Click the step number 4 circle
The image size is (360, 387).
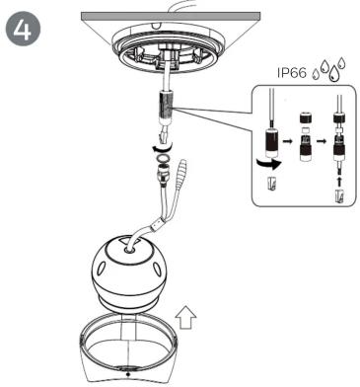(x=23, y=30)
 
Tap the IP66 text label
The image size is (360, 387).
(x=292, y=72)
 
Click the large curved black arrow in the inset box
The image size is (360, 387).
(x=269, y=163)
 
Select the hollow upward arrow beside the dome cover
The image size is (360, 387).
(x=185, y=317)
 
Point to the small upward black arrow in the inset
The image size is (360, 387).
(x=339, y=181)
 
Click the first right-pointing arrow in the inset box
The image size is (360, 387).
(x=288, y=141)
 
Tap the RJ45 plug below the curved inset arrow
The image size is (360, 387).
(x=271, y=183)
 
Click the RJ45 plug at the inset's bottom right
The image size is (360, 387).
(x=340, y=195)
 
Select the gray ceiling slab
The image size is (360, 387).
(x=171, y=16)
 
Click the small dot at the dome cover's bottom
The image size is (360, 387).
(x=128, y=374)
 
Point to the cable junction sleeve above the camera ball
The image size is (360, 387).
(x=158, y=225)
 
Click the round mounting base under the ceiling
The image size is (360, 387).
(x=168, y=45)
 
